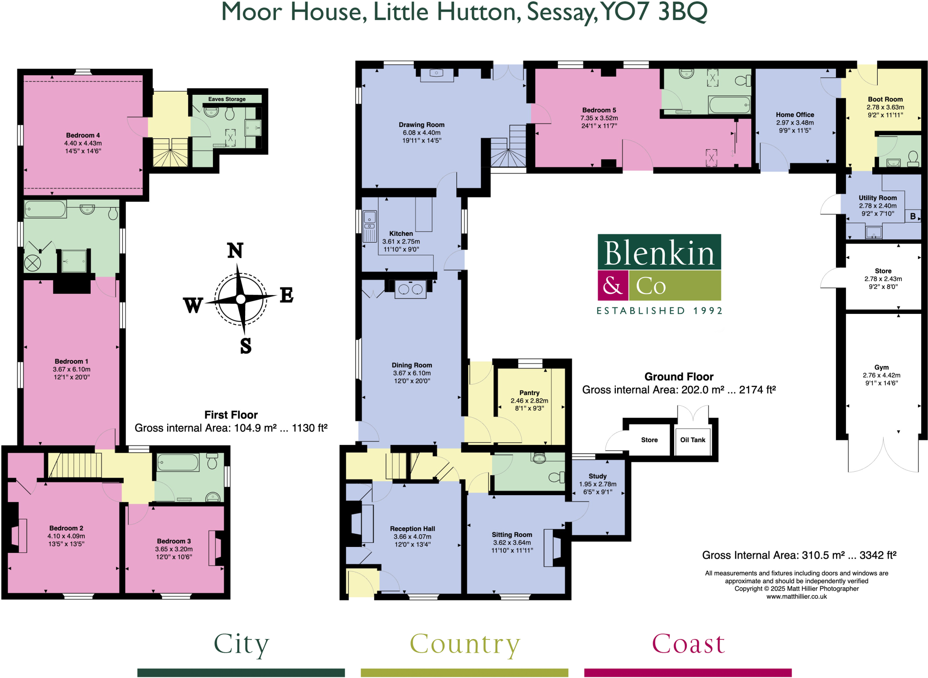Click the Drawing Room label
[421, 125]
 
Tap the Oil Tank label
[692, 440]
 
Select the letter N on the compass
[235, 251]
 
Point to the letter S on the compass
[246, 346]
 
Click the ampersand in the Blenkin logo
[612, 286]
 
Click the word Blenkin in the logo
[659, 253]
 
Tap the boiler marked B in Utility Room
[913, 216]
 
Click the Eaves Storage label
[227, 99]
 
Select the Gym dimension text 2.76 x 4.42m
[881, 376]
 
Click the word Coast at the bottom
[688, 644]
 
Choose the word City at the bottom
[241, 644]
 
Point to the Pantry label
[529, 393]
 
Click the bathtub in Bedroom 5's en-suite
[729, 105]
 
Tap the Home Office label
[795, 115]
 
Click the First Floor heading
[231, 415]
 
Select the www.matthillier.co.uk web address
[796, 597]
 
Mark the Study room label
[597, 476]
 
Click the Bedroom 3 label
[174, 541]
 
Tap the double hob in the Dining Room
[410, 289]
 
